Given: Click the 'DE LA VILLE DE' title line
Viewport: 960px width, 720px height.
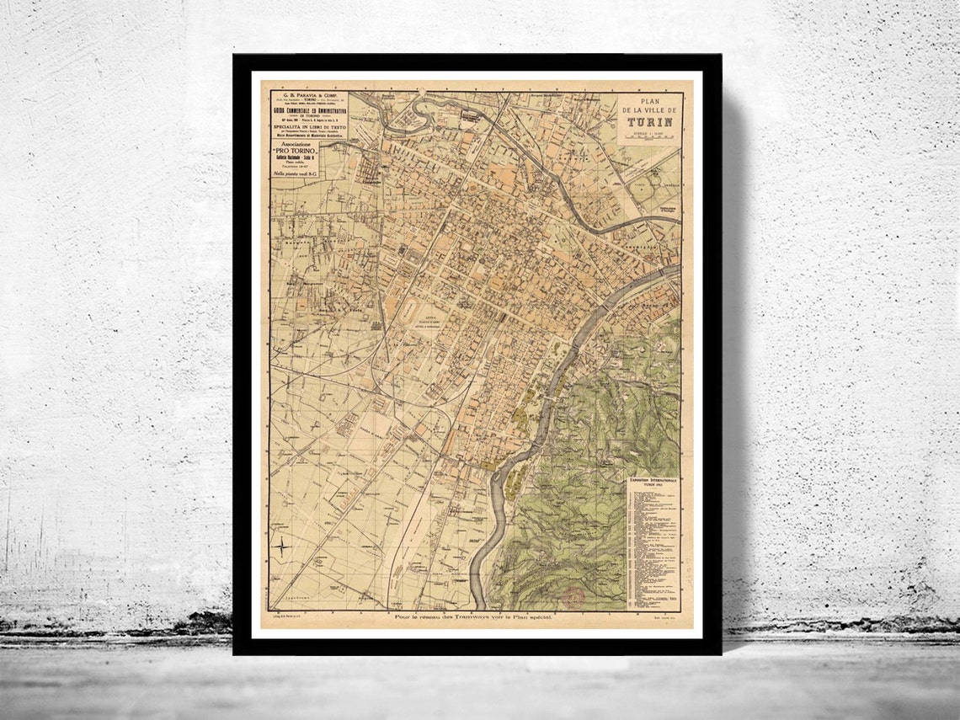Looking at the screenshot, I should click(x=649, y=109).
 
